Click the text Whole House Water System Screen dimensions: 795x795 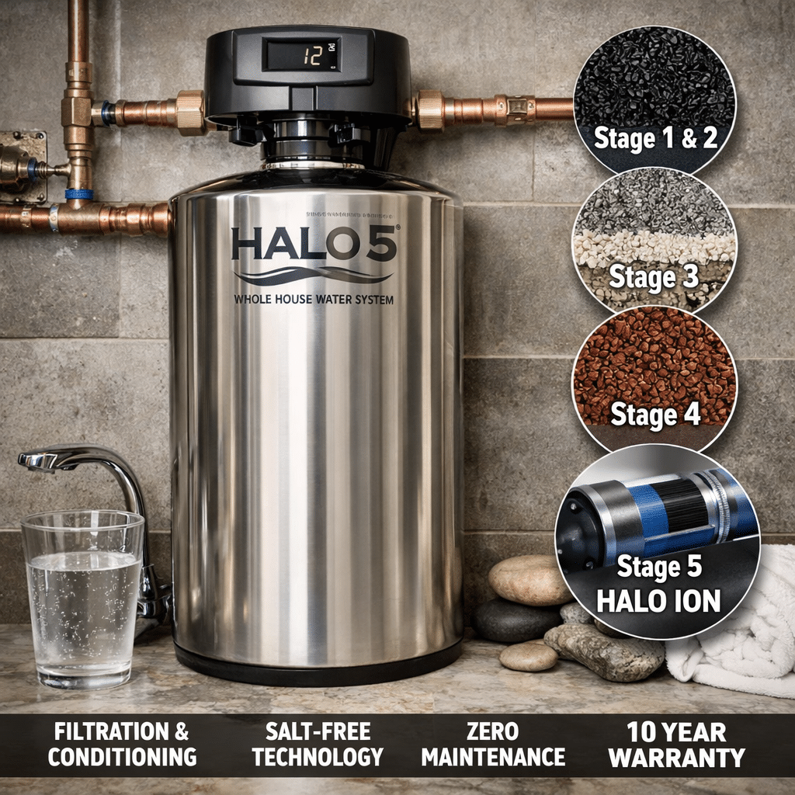(x=313, y=300)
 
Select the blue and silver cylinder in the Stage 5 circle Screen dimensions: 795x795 (x=660, y=512)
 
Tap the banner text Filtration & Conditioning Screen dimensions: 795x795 (x=122, y=744)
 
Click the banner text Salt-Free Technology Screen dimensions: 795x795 (x=318, y=744)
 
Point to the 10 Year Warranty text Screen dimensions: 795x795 (x=676, y=744)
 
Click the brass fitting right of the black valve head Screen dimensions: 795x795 (x=429, y=109)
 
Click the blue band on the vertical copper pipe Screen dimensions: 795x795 (x=78, y=194)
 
